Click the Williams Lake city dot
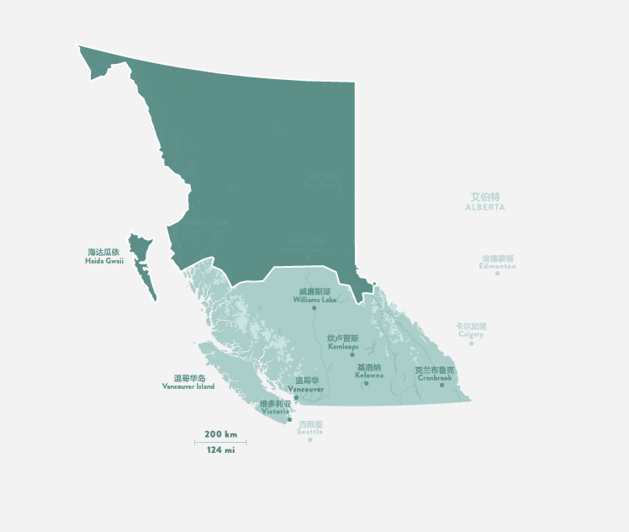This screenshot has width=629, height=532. (x=314, y=308)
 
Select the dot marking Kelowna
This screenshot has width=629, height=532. (x=366, y=384)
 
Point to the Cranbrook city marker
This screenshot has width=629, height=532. (x=441, y=385)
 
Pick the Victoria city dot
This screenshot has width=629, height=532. (x=289, y=419)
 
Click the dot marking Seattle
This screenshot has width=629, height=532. (x=309, y=439)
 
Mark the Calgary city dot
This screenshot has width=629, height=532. (x=471, y=343)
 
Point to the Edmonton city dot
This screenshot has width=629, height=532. (x=497, y=273)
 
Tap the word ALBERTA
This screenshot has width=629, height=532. (x=485, y=206)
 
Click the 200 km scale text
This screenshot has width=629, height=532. (x=220, y=434)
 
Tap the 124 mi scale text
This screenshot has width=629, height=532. (x=220, y=450)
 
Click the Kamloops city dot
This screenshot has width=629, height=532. (x=352, y=354)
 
